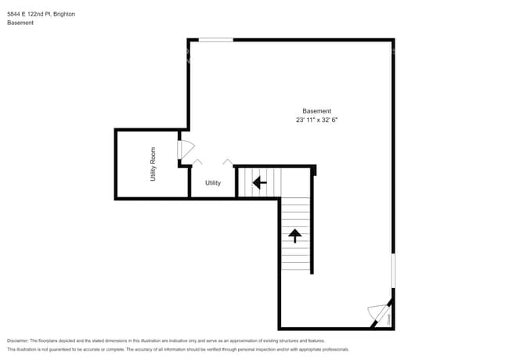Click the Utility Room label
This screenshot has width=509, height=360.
tap(153, 165)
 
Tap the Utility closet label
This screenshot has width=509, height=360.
tap(213, 183)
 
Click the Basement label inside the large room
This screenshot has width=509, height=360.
tap(317, 111)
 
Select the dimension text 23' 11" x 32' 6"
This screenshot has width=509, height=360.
tap(317, 121)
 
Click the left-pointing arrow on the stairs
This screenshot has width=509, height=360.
tap(258, 182)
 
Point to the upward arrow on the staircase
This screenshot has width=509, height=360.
tap(295, 235)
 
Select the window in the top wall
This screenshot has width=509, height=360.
tap(215, 39)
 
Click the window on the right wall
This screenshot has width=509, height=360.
tap(393, 270)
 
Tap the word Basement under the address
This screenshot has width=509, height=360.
tap(20, 23)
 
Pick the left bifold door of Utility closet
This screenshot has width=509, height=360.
tap(197, 161)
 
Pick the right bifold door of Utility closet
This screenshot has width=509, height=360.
tap(227, 161)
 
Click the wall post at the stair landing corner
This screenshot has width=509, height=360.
tap(313, 170)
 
